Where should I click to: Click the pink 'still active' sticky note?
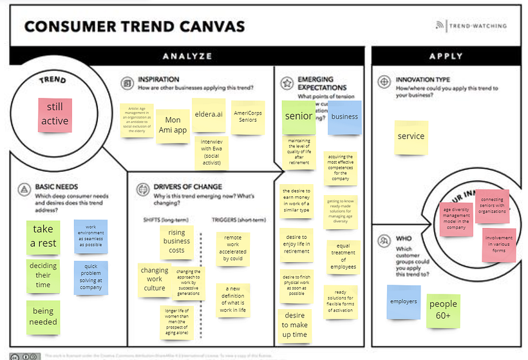[55, 115]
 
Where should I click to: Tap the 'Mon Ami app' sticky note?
[172, 124]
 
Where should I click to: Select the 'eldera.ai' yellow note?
[209, 115]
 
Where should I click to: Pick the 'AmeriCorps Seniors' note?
[245, 115]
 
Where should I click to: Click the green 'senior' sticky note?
[298, 117]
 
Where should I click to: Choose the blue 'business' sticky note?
[344, 117]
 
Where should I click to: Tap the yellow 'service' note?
[411, 136]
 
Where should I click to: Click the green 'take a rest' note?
[44, 236]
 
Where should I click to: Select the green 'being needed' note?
[43, 317]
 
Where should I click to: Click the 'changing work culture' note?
[155, 279]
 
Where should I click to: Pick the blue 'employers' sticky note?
[404, 301]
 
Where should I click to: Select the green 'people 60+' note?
[444, 309]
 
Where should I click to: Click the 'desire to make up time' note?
[295, 325]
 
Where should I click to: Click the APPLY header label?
[446, 56]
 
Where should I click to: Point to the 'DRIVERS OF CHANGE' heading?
[188, 187]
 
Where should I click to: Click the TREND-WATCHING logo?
[471, 26]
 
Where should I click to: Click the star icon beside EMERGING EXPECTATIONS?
[287, 82]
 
